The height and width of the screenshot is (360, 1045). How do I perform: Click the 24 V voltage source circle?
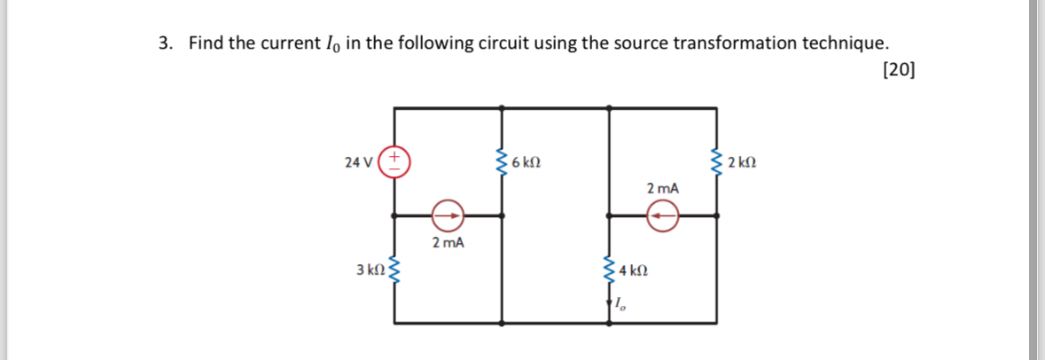[394, 162]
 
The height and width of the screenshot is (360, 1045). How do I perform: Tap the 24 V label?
[359, 162]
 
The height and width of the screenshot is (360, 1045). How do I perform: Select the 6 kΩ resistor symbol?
[503, 162]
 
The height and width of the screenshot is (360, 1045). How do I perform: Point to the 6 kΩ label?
[526, 162]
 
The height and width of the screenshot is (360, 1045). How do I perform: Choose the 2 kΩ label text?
[741, 162]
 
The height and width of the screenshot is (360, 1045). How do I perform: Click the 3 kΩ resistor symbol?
[394, 269]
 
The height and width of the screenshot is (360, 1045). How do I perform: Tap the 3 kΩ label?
[370, 269]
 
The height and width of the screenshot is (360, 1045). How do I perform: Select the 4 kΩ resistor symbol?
[610, 269]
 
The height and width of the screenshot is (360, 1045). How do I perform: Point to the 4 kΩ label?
[635, 269]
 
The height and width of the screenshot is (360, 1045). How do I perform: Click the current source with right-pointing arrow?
[448, 215]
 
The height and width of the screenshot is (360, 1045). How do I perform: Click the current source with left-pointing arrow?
[662, 215]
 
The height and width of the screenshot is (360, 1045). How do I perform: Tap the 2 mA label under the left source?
[448, 242]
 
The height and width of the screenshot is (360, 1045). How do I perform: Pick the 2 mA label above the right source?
[663, 188]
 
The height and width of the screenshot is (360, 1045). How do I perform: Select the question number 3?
[164, 43]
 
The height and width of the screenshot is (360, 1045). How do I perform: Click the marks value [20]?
[900, 71]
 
